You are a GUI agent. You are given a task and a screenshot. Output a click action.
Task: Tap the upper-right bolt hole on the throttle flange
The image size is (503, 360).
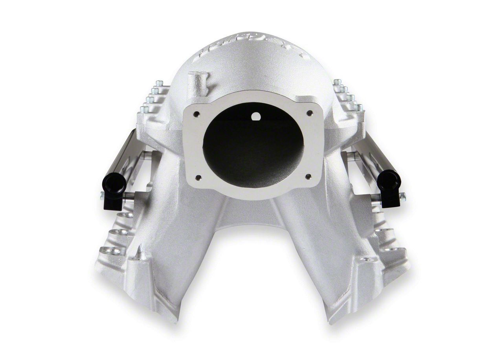tap(310, 113)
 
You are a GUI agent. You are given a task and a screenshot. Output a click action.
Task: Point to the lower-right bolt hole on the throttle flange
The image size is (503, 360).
tap(308, 176)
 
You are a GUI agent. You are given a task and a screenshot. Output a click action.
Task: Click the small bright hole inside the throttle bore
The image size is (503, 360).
tap(256, 116)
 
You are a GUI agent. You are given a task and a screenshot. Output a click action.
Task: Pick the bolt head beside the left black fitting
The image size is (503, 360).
tap(102, 195)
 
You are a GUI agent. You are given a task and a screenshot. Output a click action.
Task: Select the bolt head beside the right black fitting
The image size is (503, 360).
tap(402, 195)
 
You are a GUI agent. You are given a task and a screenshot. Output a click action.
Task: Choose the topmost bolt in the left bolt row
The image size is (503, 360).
tap(159, 83)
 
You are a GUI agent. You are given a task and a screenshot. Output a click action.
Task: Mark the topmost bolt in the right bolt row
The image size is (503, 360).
tap(336, 82)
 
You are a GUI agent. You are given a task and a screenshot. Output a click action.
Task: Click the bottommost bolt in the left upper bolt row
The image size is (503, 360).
tap(144, 109)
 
